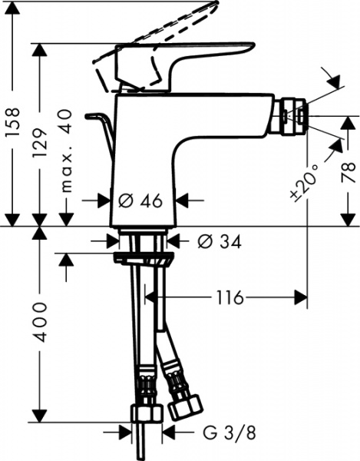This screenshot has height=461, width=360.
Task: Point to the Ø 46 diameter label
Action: pyautogui.click(x=142, y=201)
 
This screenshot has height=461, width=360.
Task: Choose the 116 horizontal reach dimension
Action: pyautogui.click(x=230, y=297)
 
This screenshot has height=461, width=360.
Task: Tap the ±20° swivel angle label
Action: pyautogui.click(x=300, y=183)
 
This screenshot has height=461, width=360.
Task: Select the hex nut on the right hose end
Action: pyautogui.click(x=184, y=405)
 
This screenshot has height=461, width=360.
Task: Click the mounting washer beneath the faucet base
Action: pyautogui.click(x=143, y=257)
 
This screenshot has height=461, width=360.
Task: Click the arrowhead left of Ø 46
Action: pyautogui.click(x=107, y=201)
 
